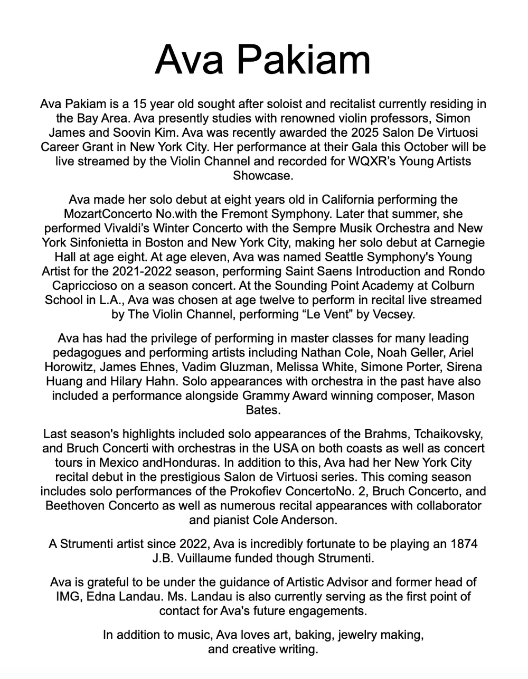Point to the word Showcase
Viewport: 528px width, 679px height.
pos(262,175)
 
